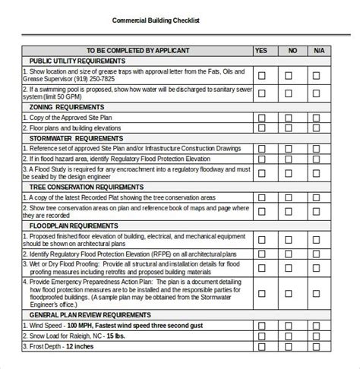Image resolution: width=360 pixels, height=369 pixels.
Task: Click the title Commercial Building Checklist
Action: [x=156, y=20]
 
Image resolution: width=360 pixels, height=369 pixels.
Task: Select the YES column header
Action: [x=261, y=50]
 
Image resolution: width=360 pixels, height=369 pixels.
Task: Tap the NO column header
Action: [x=292, y=50]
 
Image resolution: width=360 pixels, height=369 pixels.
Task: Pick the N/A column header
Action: [x=320, y=50]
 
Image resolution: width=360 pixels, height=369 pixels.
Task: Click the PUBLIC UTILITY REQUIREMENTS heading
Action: [x=84, y=60]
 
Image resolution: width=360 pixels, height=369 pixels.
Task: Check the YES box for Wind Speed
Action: [x=262, y=324]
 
